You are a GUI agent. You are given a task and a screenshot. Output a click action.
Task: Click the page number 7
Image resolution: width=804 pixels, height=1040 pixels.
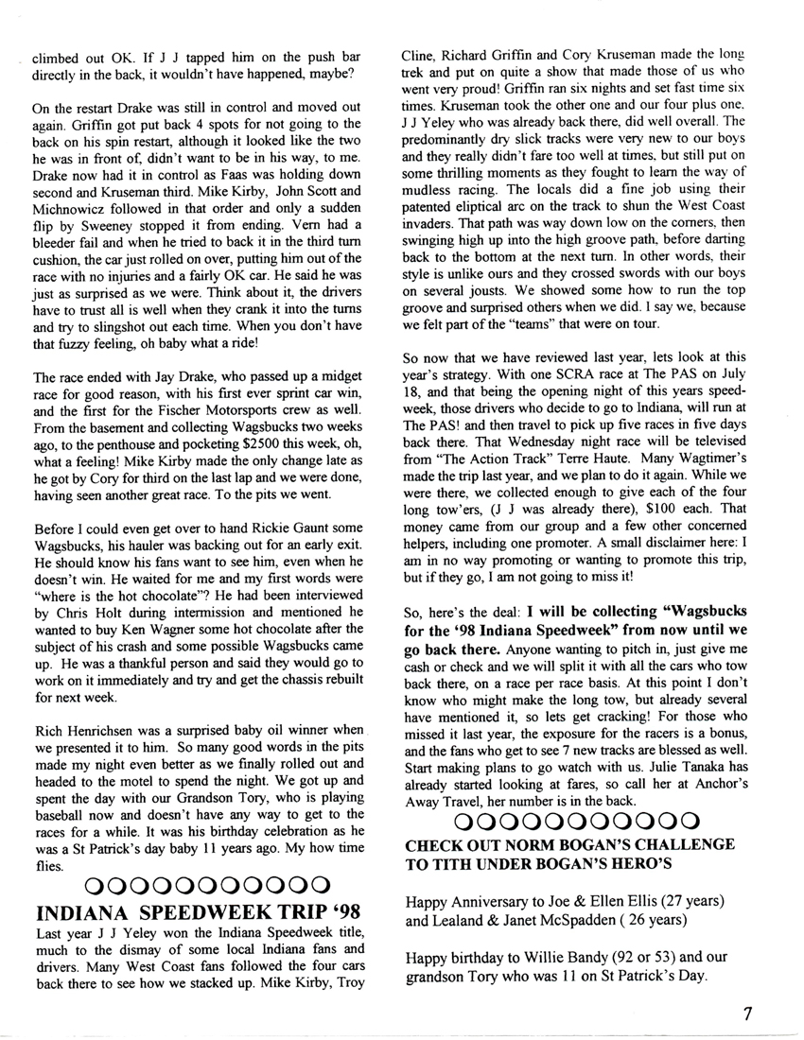[747, 1014]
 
